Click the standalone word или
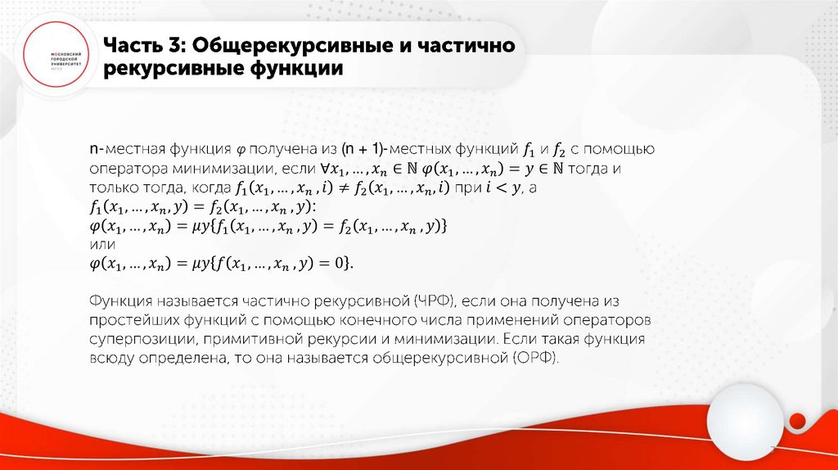101,244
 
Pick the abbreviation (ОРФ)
535,359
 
